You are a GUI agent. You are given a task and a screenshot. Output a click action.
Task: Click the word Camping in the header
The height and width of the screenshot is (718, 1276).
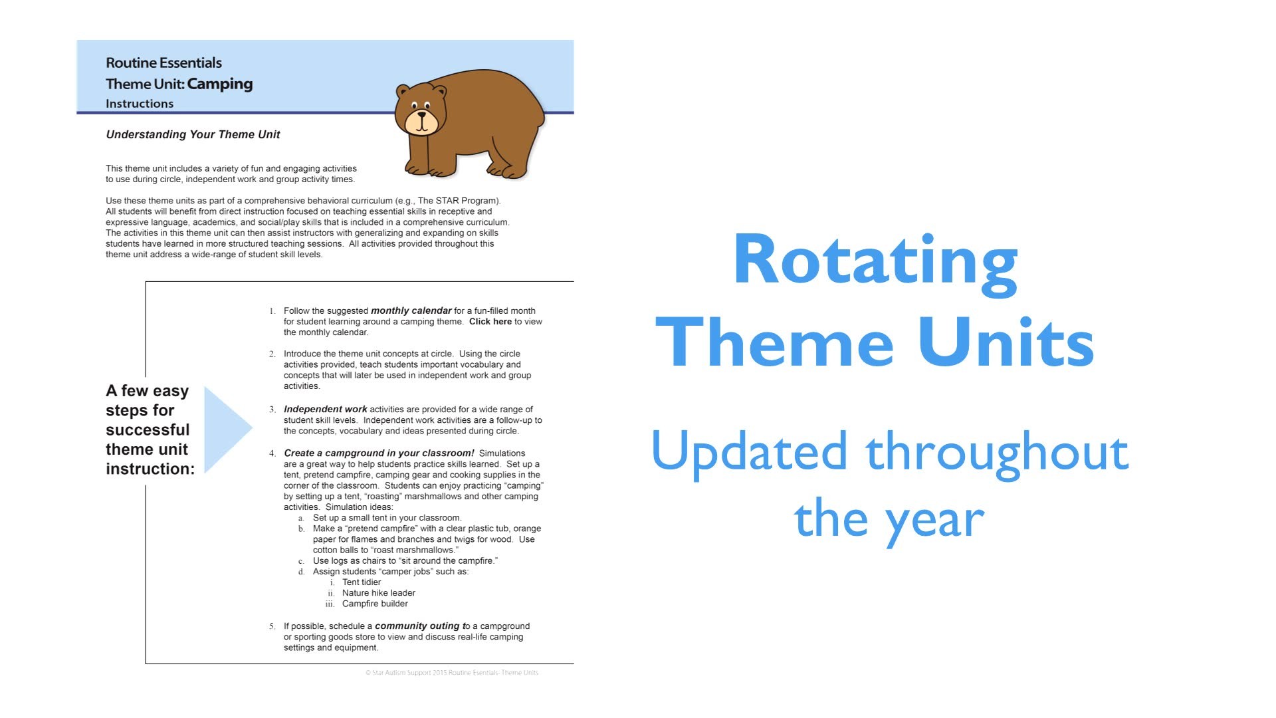pyautogui.click(x=220, y=84)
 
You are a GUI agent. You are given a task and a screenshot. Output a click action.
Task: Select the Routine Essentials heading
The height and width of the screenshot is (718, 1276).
pyautogui.click(x=163, y=63)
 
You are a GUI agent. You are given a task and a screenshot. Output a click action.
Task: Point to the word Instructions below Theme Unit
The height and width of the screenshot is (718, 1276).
pyautogui.click(x=140, y=104)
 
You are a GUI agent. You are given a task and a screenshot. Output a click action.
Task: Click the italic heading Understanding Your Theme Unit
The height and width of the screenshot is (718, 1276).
pyautogui.click(x=193, y=134)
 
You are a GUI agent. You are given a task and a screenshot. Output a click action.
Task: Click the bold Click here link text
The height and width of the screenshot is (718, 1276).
pyautogui.click(x=490, y=322)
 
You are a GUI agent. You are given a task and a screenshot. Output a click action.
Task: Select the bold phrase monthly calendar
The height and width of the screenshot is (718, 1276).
pyautogui.click(x=411, y=310)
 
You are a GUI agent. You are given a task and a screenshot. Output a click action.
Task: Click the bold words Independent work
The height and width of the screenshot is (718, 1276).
pyautogui.click(x=326, y=410)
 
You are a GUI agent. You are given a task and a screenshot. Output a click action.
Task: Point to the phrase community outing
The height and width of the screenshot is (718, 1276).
pyautogui.click(x=417, y=626)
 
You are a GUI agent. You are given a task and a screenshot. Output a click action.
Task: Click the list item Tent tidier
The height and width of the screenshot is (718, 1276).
pyautogui.click(x=362, y=582)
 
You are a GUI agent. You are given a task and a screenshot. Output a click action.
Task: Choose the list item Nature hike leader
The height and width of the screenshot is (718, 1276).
pyautogui.click(x=379, y=593)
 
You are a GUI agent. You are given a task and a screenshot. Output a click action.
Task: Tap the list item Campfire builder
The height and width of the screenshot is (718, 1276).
pyautogui.click(x=375, y=604)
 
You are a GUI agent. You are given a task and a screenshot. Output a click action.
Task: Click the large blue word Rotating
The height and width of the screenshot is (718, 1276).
pyautogui.click(x=875, y=263)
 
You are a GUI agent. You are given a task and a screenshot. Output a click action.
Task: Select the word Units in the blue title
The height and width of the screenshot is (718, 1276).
pyautogui.click(x=1006, y=342)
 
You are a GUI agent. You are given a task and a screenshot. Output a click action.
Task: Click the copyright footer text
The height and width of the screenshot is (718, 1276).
pyautogui.click(x=452, y=673)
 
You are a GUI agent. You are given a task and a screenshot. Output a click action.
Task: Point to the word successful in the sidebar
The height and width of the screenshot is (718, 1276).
pyautogui.click(x=148, y=430)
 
